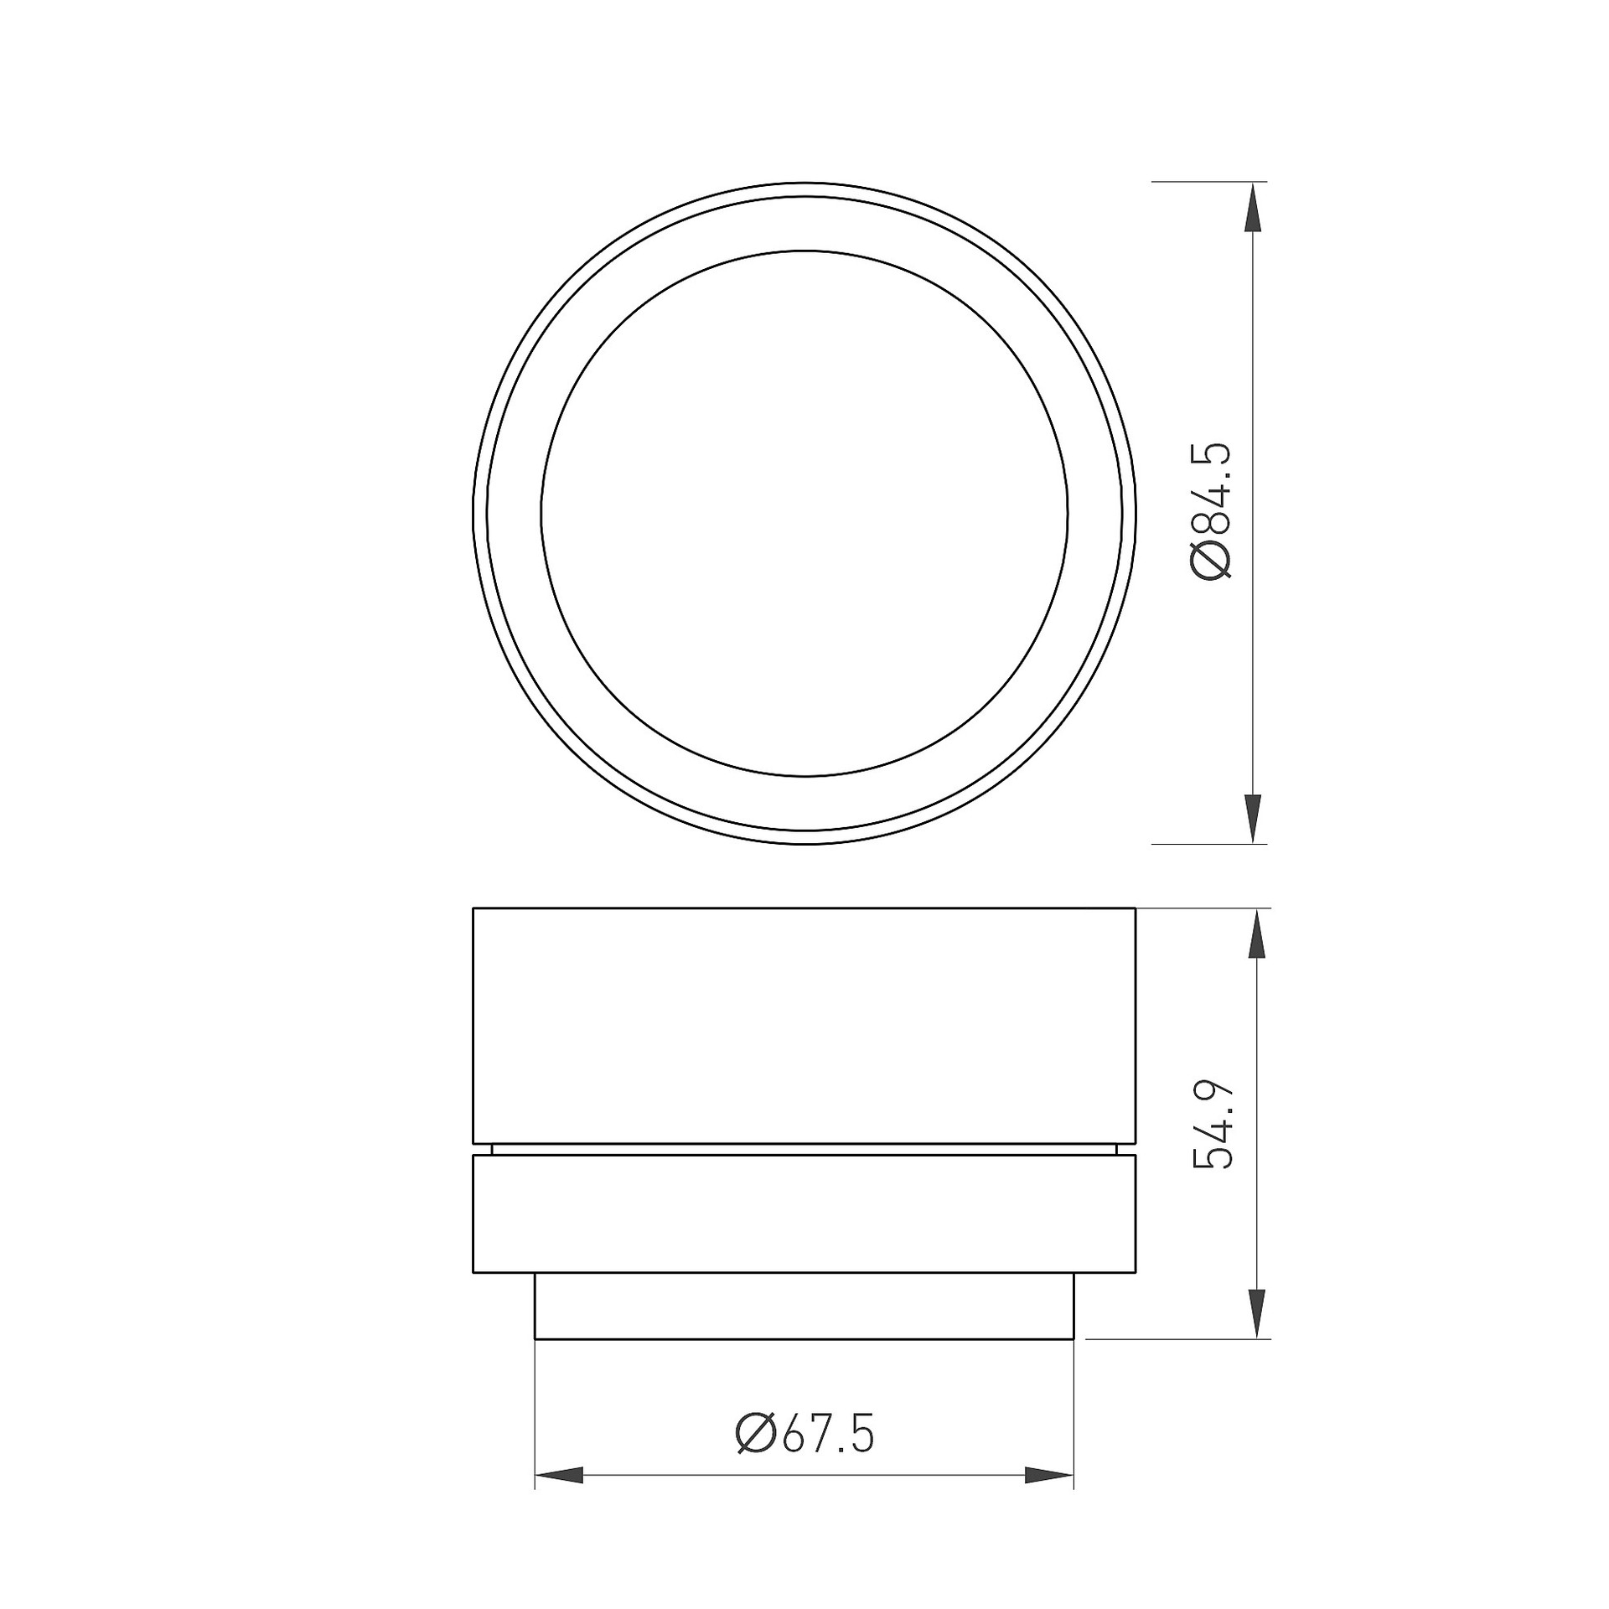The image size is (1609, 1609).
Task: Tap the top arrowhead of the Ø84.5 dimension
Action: tap(1253, 207)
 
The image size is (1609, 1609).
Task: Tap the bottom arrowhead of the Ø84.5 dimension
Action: tap(1253, 819)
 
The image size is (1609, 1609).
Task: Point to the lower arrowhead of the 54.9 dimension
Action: tap(1255, 1315)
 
